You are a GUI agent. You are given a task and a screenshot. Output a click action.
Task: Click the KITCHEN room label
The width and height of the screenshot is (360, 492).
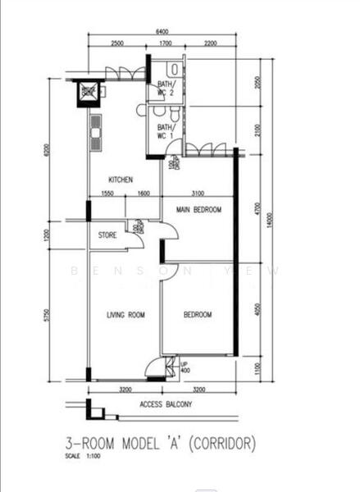(x=122, y=180)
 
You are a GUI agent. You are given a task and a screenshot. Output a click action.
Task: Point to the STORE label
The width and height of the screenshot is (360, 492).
(x=107, y=236)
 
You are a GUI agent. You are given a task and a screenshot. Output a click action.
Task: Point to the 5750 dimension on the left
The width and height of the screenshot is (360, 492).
(x=49, y=316)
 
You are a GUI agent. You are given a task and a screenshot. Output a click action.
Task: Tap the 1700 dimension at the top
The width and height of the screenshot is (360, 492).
(x=165, y=43)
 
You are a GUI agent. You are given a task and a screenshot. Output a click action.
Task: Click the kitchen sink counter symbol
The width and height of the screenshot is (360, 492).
(x=96, y=130)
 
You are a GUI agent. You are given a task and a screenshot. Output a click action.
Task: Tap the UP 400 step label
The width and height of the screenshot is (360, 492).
(x=185, y=367)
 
